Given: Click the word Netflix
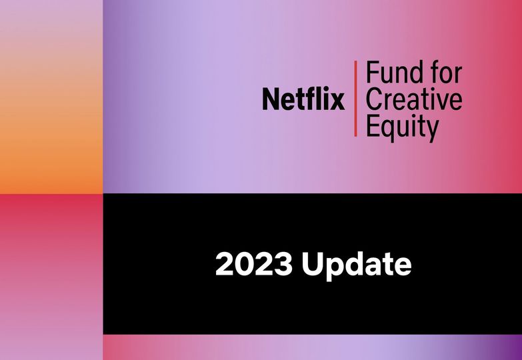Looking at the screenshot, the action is click(303, 99).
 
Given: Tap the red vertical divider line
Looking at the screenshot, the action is click(355, 99).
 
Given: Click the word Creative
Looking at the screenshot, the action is click(414, 99).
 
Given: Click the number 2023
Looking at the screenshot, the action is click(254, 264).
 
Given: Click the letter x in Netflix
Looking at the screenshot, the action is click(337, 102).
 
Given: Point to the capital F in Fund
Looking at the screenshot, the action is click(372, 72).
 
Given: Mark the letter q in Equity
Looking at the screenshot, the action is click(389, 131).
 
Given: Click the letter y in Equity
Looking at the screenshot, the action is click(431, 131).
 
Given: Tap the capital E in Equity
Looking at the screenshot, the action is click(372, 126).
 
